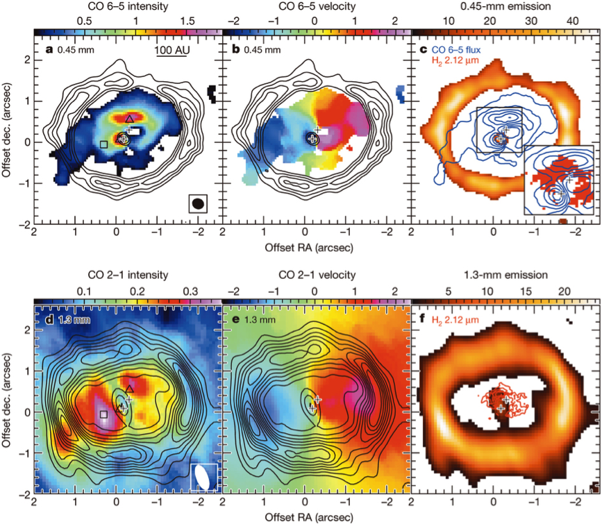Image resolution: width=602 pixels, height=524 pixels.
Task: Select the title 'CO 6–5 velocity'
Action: (x=315, y=6)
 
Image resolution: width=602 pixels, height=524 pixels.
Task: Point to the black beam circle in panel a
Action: (x=199, y=203)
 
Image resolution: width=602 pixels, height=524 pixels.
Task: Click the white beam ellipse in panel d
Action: (x=204, y=477)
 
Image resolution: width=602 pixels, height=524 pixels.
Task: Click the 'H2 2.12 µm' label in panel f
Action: (x=449, y=319)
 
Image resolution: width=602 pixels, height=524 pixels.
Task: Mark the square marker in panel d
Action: (x=103, y=414)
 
